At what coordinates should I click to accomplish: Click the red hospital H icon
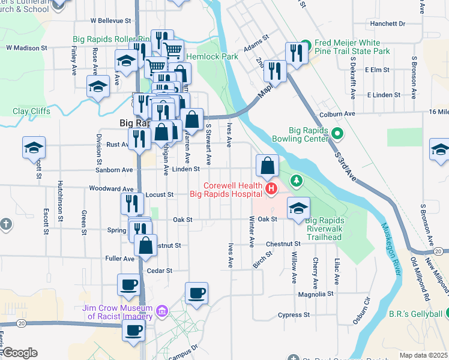coord(271,190)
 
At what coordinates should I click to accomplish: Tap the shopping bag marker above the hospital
coord(268,165)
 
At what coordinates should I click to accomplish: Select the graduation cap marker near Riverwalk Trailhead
coord(298,208)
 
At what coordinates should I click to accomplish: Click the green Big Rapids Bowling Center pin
coord(337,134)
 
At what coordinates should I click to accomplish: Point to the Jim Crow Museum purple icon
coord(161,310)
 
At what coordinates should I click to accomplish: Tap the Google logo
coord(20,352)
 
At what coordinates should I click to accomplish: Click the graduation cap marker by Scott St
coord(34,148)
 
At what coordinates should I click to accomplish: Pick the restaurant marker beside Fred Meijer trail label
coord(297,53)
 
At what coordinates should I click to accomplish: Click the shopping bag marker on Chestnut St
coord(145,245)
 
